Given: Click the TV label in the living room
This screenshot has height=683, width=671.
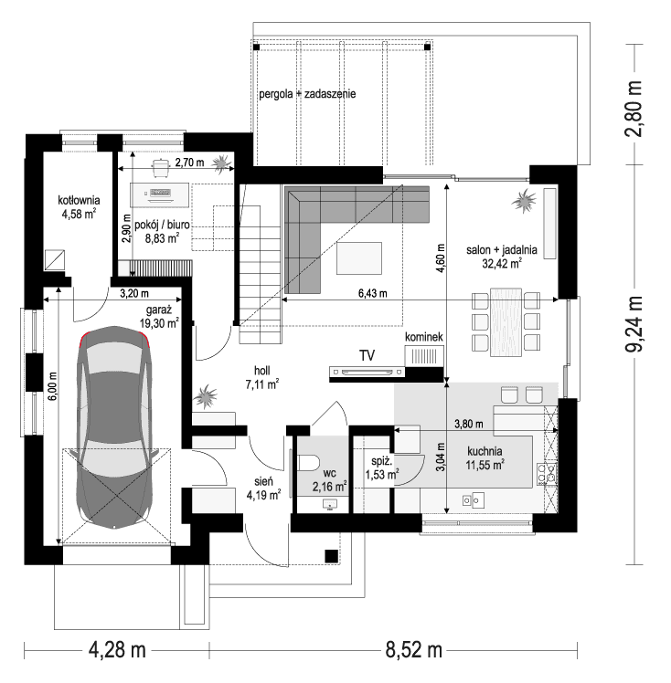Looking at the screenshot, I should tap(367, 355).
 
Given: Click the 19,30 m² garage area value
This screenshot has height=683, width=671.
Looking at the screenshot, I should tap(158, 322).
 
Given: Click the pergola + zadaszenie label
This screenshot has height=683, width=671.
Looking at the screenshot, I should tap(306, 93).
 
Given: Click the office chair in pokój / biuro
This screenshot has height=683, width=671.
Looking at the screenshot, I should tap(161, 166).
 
